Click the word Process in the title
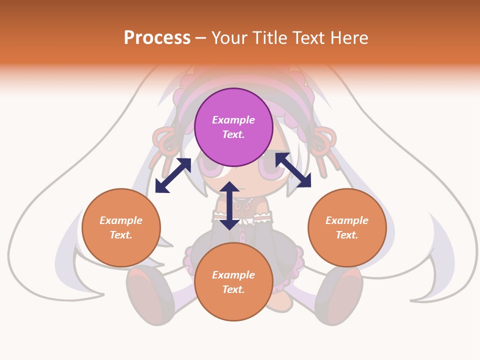pos(157,38)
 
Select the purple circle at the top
pos(233,127)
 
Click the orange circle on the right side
pos(347,227)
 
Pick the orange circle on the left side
pos(121,227)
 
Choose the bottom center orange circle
pos(233,281)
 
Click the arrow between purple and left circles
pos(173,175)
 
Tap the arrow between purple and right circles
pos(293,170)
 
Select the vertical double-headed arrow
pos(229,206)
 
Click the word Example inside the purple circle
pos(233,120)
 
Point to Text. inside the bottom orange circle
pos(233,289)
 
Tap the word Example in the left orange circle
pos(121,220)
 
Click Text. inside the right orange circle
pos(347,235)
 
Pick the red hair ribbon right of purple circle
pos(323,142)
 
